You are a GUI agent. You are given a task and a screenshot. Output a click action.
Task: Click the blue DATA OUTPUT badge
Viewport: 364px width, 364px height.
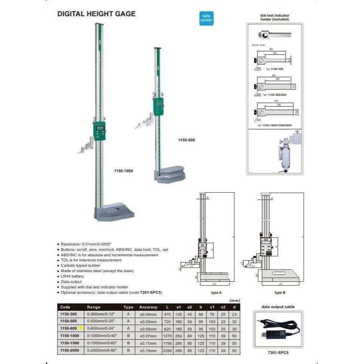(206, 18)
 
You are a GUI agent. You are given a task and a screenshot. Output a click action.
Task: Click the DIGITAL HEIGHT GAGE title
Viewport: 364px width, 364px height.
(97, 14)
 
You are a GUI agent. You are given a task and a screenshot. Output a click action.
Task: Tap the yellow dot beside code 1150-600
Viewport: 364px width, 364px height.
(81, 328)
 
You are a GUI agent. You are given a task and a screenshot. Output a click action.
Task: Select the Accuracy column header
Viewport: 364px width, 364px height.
(148, 307)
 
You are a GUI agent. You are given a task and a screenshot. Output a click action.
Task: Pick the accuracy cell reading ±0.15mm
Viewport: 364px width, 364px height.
(148, 350)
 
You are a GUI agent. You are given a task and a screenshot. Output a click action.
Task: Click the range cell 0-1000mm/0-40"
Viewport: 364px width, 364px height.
(102, 336)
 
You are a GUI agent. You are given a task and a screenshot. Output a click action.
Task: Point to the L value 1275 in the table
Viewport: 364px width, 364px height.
(168, 336)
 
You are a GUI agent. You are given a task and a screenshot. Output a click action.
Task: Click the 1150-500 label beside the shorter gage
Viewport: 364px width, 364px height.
(186, 140)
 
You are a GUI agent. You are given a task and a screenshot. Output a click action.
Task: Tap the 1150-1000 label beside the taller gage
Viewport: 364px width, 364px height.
(124, 171)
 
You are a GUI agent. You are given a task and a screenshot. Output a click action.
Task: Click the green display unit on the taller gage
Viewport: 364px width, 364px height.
(100, 130)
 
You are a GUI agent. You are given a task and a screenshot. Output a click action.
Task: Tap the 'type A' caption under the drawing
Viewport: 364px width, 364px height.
(216, 293)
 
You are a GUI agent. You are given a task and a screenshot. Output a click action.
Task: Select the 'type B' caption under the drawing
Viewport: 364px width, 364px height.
(280, 293)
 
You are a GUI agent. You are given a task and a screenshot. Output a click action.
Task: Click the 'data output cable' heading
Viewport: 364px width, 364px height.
(278, 307)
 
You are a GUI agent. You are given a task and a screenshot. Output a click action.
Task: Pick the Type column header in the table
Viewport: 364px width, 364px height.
(128, 307)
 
